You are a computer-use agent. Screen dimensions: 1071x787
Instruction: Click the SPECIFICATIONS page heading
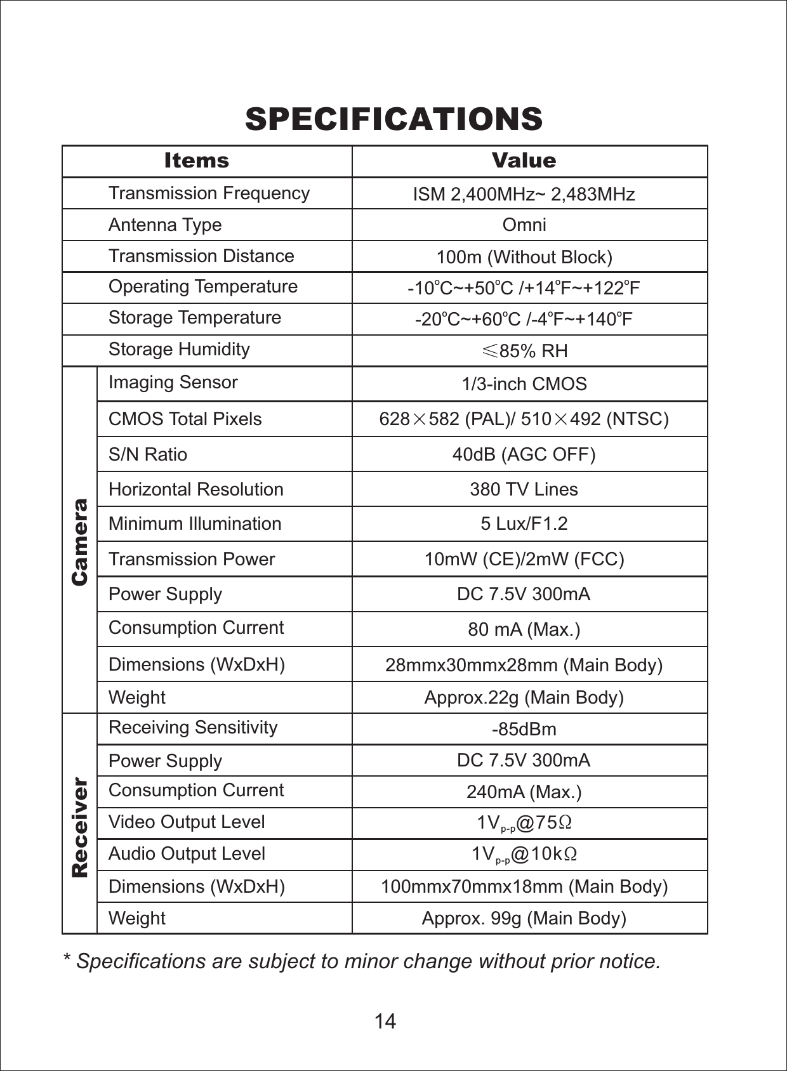coord(393,119)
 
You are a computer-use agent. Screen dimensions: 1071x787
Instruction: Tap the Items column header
coord(196,161)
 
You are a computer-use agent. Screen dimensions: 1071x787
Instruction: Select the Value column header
coord(524,161)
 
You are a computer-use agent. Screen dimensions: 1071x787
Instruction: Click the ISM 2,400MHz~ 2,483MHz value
coord(524,194)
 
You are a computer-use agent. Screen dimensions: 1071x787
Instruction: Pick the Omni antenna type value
coord(524,225)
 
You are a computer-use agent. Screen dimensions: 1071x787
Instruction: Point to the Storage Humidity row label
coord(179,350)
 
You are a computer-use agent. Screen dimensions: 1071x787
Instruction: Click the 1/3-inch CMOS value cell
coord(524,384)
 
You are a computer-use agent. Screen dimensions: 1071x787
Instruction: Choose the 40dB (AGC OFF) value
coord(524,454)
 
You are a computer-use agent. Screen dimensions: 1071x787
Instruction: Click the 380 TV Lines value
coord(524,489)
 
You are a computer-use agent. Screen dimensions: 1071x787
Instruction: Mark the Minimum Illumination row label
coord(195,523)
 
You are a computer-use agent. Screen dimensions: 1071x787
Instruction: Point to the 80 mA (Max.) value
coord(524,629)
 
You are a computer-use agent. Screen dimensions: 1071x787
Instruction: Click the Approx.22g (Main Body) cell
coord(524,697)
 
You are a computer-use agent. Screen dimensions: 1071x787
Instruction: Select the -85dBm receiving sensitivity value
coord(524,729)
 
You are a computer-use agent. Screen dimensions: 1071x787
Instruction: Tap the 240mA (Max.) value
coord(524,792)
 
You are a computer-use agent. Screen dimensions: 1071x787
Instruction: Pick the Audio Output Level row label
coord(187,853)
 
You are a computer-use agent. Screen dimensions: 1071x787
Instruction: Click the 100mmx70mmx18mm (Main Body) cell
coord(524,886)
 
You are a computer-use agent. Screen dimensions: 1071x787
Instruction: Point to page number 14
coord(385,1021)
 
